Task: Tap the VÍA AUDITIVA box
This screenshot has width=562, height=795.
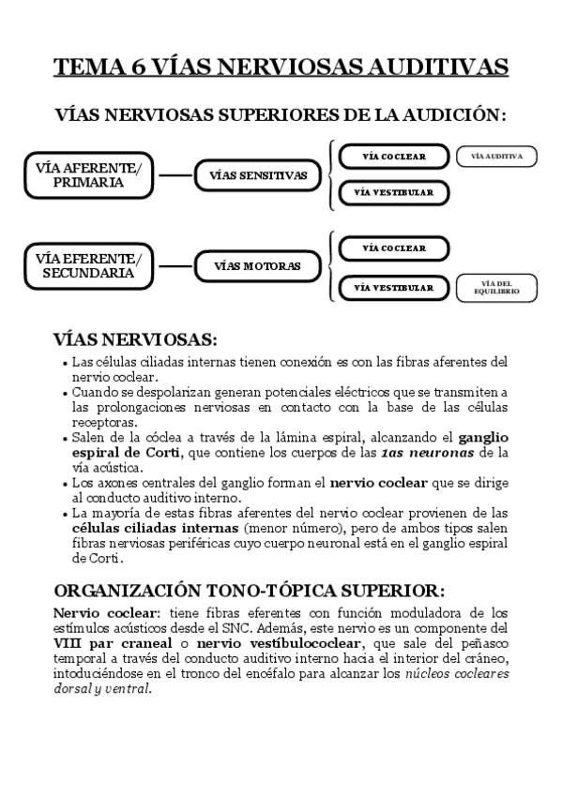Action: (x=495, y=157)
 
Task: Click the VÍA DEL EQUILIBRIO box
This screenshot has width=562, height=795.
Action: (x=495, y=289)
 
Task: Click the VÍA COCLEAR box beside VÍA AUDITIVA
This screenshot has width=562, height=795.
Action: (x=393, y=157)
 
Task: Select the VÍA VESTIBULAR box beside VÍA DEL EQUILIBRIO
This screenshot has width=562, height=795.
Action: (x=393, y=289)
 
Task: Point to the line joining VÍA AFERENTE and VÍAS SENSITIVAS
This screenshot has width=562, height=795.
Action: (x=175, y=175)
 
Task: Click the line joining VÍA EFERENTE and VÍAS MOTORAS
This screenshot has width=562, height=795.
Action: (x=175, y=266)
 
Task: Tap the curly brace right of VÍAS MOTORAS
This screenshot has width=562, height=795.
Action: (x=329, y=266)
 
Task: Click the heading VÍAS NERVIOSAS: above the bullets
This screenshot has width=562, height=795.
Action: (x=135, y=338)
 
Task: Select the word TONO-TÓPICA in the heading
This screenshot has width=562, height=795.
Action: (x=276, y=591)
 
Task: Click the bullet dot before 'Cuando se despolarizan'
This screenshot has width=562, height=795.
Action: (x=63, y=393)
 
